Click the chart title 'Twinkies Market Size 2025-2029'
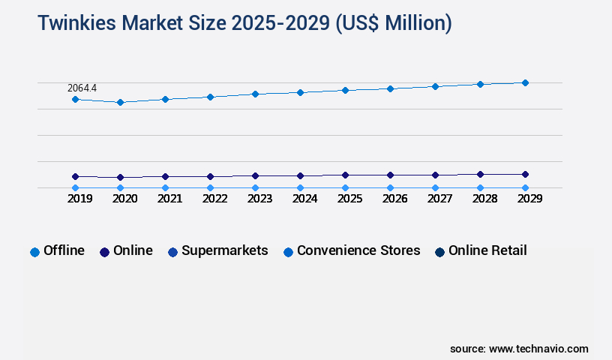[x=244, y=23]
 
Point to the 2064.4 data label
[x=82, y=88]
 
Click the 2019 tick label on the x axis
[x=80, y=199]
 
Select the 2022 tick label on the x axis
[x=215, y=199]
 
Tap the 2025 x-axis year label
[x=349, y=199]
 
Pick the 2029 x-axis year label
[x=529, y=199]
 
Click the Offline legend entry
[x=57, y=251]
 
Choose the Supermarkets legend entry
[x=217, y=251]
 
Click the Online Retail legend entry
[x=480, y=251]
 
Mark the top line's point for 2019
[x=75, y=99]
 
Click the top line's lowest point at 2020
[x=120, y=102]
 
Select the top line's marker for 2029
[x=525, y=82]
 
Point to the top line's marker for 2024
[x=300, y=92]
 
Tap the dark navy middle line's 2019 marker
[x=75, y=176]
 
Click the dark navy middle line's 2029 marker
[x=525, y=174]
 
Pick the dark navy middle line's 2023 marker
[x=255, y=175]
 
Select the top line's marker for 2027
[x=435, y=86]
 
